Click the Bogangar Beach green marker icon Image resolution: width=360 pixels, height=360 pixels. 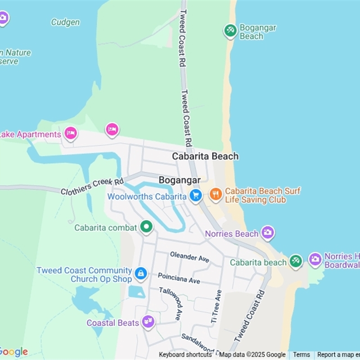(x=230, y=31)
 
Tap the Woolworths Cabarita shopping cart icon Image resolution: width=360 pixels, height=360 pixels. (x=195, y=196)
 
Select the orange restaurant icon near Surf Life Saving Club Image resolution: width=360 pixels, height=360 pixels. (x=216, y=195)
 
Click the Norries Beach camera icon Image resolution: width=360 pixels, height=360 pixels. (x=268, y=233)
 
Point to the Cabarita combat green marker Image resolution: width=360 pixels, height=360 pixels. (x=146, y=227)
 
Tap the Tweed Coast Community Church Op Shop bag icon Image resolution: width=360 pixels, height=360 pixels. (x=141, y=273)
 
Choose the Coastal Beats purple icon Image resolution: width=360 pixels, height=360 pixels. (x=148, y=322)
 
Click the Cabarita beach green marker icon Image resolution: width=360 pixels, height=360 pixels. (x=296, y=261)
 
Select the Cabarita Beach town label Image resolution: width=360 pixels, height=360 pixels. (x=205, y=156)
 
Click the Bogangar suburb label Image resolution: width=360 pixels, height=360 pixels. (x=180, y=180)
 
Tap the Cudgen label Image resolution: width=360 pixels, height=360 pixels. (x=65, y=22)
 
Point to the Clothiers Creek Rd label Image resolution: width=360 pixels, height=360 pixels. (x=92, y=186)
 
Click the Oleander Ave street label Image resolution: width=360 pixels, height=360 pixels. (x=189, y=257)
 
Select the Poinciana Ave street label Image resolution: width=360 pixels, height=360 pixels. (x=179, y=278)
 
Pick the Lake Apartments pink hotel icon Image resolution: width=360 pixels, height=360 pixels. (x=70, y=133)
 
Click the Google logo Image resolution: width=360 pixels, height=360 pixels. (x=13, y=352)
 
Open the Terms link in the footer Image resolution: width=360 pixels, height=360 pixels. (x=301, y=355)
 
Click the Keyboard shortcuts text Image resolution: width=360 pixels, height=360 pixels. (x=185, y=355)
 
